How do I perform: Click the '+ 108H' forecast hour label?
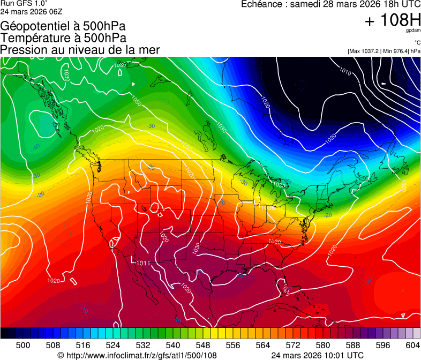click(392, 20)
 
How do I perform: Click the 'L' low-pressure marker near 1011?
click(132, 260)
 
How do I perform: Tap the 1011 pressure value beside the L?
click(143, 263)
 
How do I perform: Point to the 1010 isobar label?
click(346, 70)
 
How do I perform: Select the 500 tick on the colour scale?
click(23, 344)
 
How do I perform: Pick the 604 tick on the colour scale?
click(412, 344)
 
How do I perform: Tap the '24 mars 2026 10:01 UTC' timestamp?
click(318, 355)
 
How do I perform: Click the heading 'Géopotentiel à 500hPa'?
click(63, 26)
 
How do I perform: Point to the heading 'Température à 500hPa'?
click(63, 38)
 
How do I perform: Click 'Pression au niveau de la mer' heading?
click(80, 50)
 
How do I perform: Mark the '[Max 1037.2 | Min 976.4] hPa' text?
click(384, 51)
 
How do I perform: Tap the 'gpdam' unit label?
click(413, 31)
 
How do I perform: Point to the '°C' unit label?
click(416, 43)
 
